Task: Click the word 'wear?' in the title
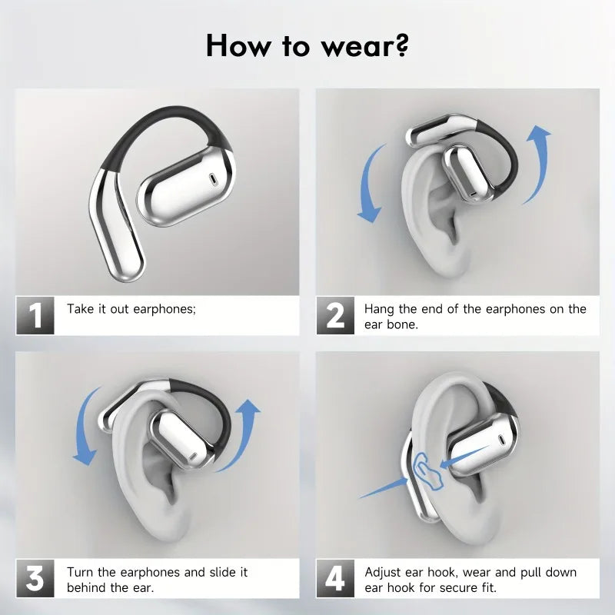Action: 364,46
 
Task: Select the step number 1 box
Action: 35,316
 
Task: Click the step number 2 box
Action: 335,316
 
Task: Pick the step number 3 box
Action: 35,579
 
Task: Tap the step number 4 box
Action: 335,579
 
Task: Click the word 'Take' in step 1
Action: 81,309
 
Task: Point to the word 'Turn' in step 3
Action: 81,572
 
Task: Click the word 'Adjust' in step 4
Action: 383,573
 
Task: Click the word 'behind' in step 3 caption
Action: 86,588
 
